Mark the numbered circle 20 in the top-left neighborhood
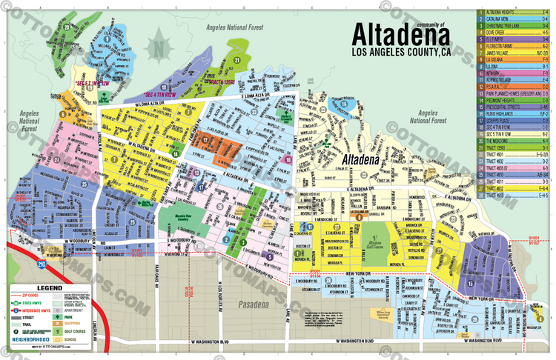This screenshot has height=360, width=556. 66,29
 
